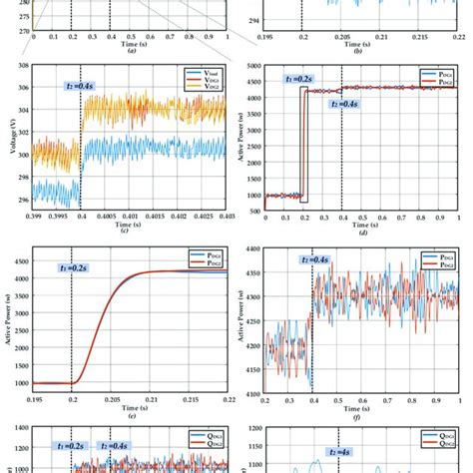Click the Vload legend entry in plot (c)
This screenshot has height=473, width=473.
tap(204, 73)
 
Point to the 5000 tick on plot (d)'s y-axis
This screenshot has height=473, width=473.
tap(253, 67)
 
